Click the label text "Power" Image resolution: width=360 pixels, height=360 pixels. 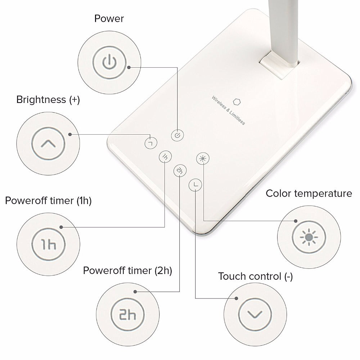[x=109, y=19]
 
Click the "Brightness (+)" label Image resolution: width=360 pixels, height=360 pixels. [x=48, y=100]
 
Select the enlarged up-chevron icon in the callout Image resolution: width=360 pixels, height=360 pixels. [x=48, y=144]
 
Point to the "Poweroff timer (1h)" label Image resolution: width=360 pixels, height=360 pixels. [x=48, y=201]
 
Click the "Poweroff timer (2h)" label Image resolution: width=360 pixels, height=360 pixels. [x=127, y=270]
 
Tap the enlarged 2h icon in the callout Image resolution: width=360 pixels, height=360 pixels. [x=127, y=315]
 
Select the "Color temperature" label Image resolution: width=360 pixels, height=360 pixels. [x=309, y=193]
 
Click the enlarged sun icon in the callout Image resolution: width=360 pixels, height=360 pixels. [x=309, y=237]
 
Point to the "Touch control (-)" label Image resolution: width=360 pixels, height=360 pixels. [x=255, y=276]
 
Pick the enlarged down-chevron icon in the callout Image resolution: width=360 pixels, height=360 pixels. [x=255, y=314]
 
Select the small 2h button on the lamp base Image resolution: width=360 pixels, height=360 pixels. [x=180, y=171]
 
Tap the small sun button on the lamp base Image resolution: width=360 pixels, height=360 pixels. [x=203, y=158]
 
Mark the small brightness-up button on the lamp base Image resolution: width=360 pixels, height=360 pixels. [x=151, y=143]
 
